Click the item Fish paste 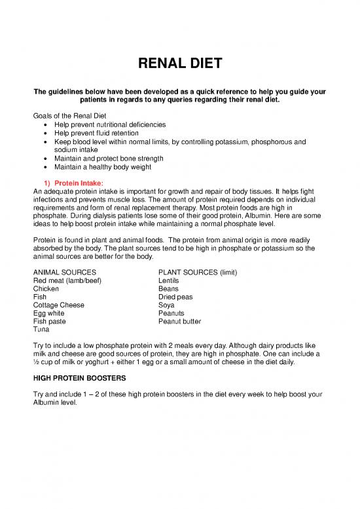click(x=49, y=322)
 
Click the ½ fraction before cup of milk click(x=35, y=362)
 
